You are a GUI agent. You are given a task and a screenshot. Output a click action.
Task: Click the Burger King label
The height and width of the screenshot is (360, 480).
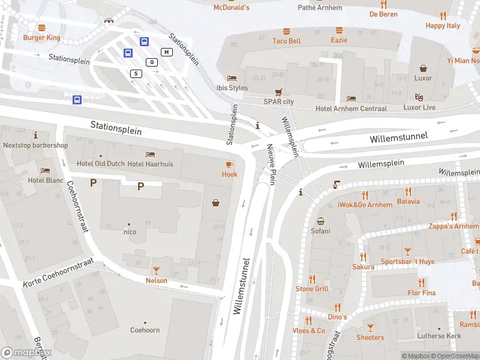(x=42, y=37)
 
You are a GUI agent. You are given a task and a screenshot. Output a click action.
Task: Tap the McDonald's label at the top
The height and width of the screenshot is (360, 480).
(x=232, y=7)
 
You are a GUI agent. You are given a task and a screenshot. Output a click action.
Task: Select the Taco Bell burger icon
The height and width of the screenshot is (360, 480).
(x=286, y=31)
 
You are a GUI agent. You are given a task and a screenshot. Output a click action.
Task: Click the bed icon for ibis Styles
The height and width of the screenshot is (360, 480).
(x=232, y=78)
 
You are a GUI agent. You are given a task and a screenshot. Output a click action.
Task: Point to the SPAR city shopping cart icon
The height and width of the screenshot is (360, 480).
(x=278, y=92)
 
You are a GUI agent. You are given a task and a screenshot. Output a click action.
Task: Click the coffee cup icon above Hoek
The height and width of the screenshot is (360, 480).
(x=229, y=164)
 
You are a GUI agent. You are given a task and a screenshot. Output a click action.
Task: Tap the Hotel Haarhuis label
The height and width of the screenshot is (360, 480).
(x=150, y=164)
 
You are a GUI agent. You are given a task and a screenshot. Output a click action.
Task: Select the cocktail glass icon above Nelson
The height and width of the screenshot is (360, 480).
(x=156, y=271)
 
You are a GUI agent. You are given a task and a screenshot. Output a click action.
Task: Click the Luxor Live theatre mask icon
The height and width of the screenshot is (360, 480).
(x=419, y=97)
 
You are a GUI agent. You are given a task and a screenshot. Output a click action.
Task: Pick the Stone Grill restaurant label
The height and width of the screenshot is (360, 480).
(x=312, y=289)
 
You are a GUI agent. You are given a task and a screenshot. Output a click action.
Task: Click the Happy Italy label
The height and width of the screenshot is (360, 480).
(x=443, y=26)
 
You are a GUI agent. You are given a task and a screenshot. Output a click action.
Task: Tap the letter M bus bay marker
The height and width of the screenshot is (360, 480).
(x=166, y=52)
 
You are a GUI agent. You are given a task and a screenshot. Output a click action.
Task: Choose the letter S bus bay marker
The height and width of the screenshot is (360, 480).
(x=136, y=73)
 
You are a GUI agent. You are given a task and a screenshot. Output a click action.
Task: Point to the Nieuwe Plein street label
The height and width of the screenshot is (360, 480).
(x=271, y=164)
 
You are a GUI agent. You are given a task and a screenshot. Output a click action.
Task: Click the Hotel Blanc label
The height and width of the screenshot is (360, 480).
(x=46, y=179)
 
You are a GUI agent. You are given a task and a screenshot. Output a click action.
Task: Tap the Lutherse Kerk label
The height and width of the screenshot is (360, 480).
(x=440, y=336)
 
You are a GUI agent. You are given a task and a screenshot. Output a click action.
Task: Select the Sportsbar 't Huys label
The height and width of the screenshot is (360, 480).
(x=407, y=262)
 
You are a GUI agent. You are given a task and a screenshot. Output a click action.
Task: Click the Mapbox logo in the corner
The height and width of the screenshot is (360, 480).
(x=26, y=353)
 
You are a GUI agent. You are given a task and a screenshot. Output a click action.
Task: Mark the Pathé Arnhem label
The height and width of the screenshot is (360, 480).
(x=320, y=8)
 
